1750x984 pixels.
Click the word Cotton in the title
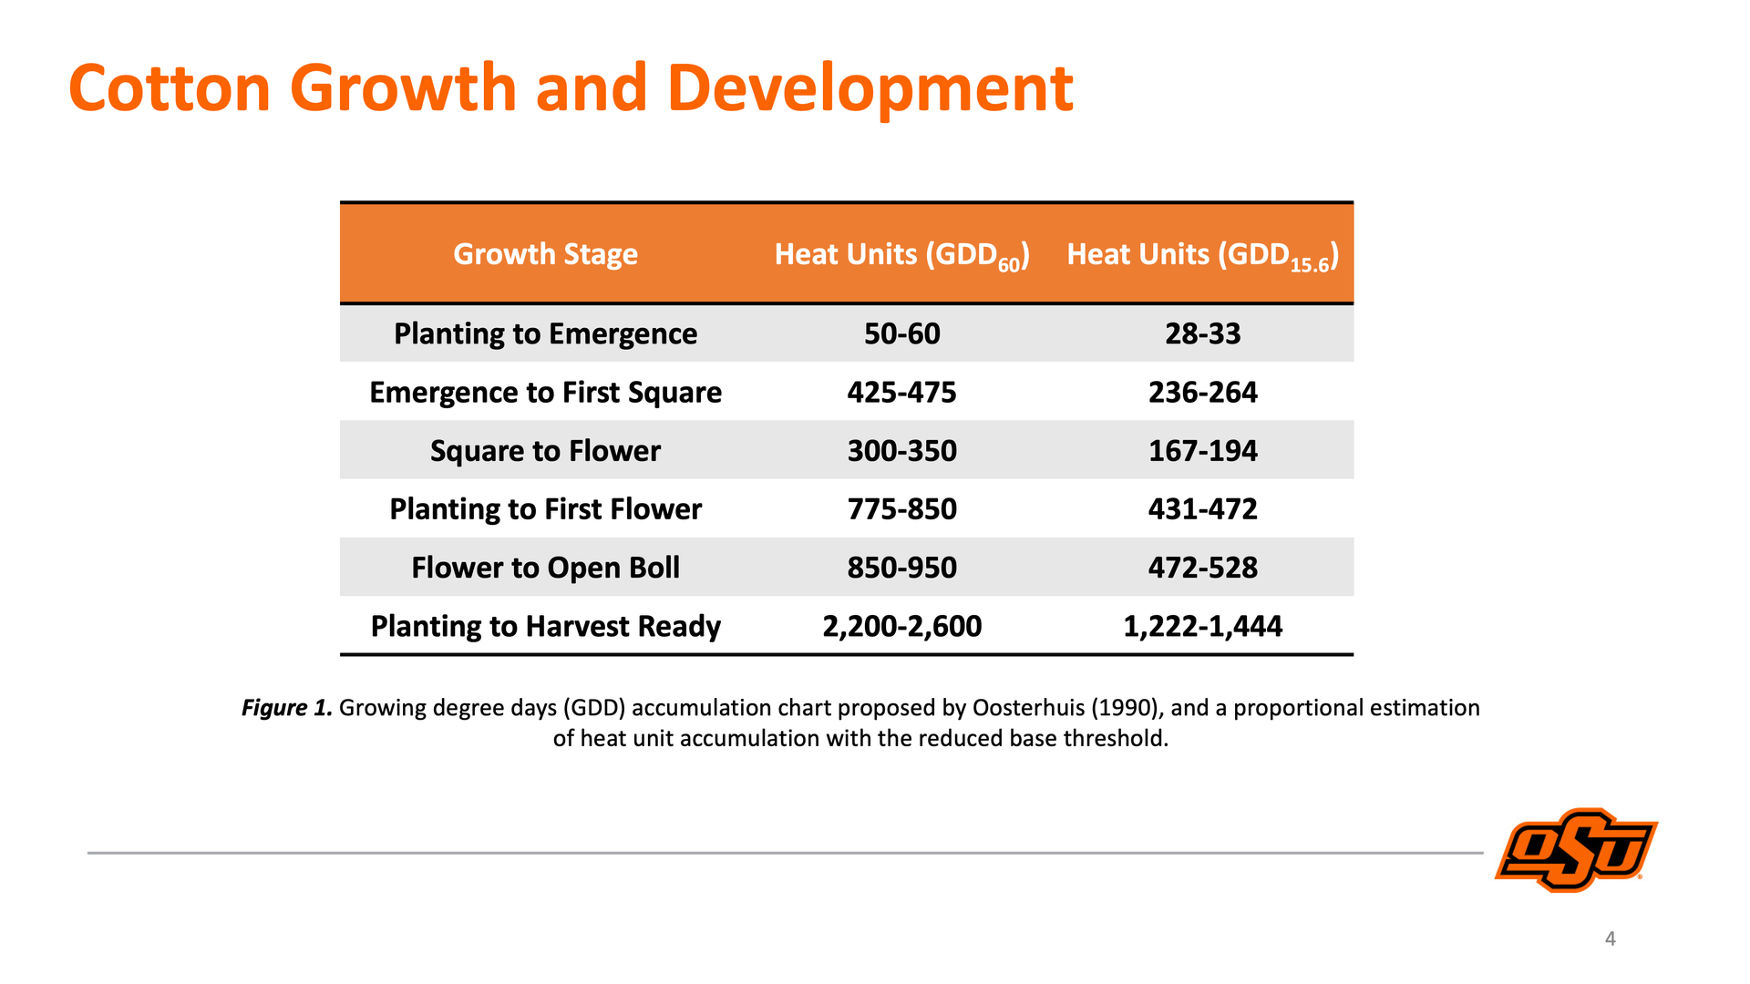(170, 88)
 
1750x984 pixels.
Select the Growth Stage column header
(545, 254)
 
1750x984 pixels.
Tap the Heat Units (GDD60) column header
(901, 255)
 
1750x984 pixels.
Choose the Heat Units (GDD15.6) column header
(1202, 255)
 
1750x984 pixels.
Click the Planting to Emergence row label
(545, 333)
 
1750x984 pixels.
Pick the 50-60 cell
(901, 333)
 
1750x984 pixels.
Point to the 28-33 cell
(1202, 333)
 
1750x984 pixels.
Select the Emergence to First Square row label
(545, 393)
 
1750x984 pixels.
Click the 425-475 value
(901, 393)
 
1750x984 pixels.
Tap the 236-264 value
(1202, 393)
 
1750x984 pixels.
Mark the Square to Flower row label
(545, 451)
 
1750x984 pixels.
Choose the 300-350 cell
(901, 451)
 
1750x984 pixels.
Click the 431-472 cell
(1202, 508)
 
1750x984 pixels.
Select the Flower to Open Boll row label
(545, 568)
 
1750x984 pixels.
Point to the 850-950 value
(901, 568)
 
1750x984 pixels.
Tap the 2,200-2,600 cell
(901, 626)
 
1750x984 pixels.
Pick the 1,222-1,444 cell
(1202, 626)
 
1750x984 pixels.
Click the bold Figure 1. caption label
(287, 708)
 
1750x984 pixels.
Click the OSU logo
(1576, 850)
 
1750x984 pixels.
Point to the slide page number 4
(1611, 938)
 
